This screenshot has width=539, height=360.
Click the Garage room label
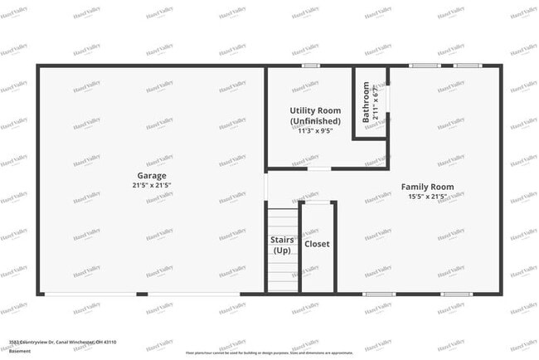pyautogui.click(x=152, y=176)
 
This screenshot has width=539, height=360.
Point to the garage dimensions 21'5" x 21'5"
pyautogui.click(x=152, y=185)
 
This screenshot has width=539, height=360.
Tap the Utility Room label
pyautogui.click(x=314, y=110)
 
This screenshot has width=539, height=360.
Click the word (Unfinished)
pyautogui.click(x=315, y=121)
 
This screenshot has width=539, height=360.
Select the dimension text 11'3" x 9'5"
pyautogui.click(x=315, y=131)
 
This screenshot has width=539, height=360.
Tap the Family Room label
pyautogui.click(x=427, y=187)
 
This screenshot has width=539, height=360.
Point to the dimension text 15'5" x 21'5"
pyautogui.click(x=428, y=197)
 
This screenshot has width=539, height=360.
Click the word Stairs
pyautogui.click(x=281, y=240)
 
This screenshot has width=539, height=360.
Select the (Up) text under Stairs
pyautogui.click(x=281, y=250)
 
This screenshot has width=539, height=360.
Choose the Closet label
pyautogui.click(x=317, y=244)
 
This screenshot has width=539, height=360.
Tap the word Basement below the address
pyautogui.click(x=20, y=352)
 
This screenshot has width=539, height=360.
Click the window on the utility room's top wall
pyautogui.click(x=310, y=66)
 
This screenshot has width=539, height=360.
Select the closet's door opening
pyautogui.click(x=317, y=202)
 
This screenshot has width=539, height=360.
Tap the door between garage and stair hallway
pyautogui.click(x=265, y=186)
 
